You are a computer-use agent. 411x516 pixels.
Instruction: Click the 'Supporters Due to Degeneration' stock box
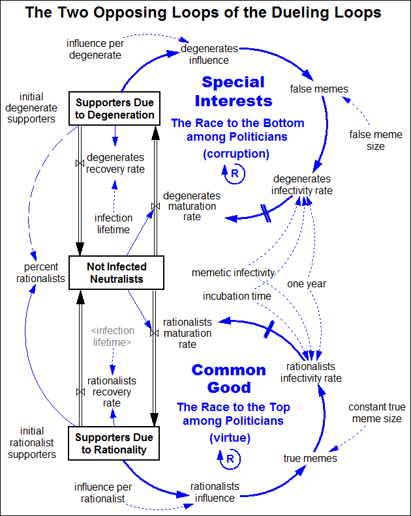coord(115,109)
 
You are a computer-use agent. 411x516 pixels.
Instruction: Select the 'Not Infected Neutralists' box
coord(116,273)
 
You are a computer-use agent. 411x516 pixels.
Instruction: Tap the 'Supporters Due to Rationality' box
coord(115,443)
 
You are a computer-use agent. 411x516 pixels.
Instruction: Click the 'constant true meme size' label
coord(375,413)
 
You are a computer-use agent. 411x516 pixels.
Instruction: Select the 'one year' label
coord(307,284)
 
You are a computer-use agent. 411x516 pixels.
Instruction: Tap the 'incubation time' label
coord(237,296)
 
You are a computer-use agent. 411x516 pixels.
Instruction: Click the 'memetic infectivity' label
coord(233,272)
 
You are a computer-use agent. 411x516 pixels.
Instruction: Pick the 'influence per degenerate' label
coord(94,49)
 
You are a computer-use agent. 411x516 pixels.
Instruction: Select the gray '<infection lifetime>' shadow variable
coord(112,336)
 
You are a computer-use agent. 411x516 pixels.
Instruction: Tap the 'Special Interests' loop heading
coord(233,91)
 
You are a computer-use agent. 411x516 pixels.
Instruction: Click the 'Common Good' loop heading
coord(229,379)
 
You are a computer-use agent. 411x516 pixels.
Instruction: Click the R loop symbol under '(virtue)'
coord(230,459)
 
